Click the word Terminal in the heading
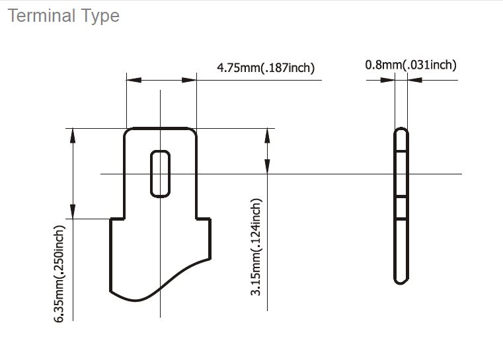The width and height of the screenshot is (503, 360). (x=41, y=15)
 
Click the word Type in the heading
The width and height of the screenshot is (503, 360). (x=100, y=17)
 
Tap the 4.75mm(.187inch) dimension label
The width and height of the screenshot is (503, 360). (x=266, y=67)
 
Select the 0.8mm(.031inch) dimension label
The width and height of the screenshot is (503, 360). (x=410, y=65)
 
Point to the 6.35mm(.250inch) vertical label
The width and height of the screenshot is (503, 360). (x=59, y=273)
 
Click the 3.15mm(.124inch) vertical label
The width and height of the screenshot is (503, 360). (x=256, y=247)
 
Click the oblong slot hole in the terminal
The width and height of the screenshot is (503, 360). (x=160, y=174)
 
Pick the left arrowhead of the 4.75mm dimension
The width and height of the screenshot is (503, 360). (x=134, y=80)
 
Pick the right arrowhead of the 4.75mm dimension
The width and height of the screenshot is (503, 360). (x=189, y=80)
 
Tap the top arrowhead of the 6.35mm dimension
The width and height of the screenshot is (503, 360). (x=73, y=135)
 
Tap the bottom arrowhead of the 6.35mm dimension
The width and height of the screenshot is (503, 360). (x=73, y=211)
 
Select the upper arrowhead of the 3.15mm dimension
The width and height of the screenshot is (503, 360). (x=267, y=135)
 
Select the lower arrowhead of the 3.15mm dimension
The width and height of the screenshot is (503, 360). (x=267, y=166)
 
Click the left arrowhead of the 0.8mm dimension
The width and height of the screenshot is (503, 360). (x=387, y=80)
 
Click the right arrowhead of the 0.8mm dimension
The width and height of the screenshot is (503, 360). (x=415, y=80)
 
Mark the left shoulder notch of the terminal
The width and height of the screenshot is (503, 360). (x=117, y=219)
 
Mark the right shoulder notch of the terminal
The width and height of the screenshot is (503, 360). (x=204, y=219)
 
